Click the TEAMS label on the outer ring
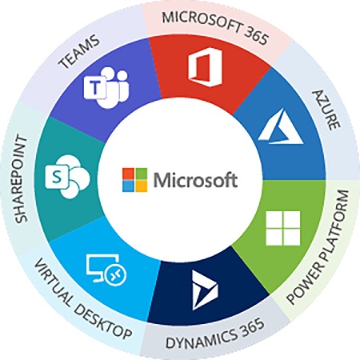point(79,52)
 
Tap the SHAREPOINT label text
point(21,178)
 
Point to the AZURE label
point(326,110)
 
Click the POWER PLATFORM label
point(318,247)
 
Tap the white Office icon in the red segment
point(205,67)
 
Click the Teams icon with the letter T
point(106,87)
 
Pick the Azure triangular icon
point(281,126)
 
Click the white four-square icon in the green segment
point(283,228)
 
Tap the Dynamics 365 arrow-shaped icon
point(205,290)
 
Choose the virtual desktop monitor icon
point(106,269)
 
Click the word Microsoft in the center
point(195,180)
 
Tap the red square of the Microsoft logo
point(128,174)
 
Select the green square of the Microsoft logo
point(141,174)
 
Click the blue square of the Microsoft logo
point(128,186)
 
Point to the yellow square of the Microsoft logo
point(141,186)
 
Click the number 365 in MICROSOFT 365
point(254,35)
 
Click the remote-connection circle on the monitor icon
point(116,274)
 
